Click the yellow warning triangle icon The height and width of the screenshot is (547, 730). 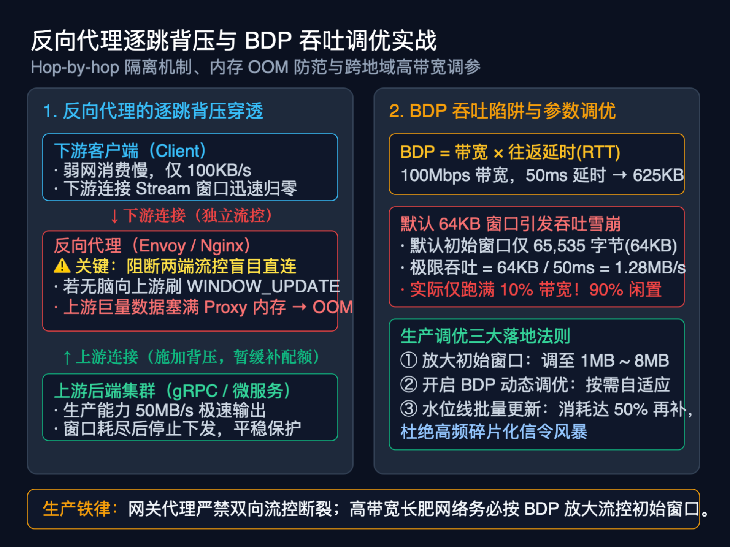[62, 266]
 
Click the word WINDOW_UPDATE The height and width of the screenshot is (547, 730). [263, 286]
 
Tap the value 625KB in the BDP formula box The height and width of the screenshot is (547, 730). [658, 175]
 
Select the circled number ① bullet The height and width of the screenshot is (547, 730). [409, 360]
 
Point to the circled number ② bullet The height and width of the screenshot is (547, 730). [409, 384]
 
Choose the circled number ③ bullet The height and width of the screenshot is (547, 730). [409, 409]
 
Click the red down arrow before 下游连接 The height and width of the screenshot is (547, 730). [114, 216]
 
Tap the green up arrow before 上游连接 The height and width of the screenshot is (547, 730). [67, 357]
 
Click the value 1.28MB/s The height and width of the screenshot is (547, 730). [650, 268]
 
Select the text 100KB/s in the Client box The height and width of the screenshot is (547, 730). [219, 171]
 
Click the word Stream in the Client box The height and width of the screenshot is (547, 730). [163, 189]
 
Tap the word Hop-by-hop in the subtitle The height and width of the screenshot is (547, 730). [75, 68]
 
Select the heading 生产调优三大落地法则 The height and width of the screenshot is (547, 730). [485, 336]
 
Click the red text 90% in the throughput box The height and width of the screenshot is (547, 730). [606, 290]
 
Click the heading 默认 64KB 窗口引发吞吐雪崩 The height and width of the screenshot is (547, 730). [511, 224]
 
